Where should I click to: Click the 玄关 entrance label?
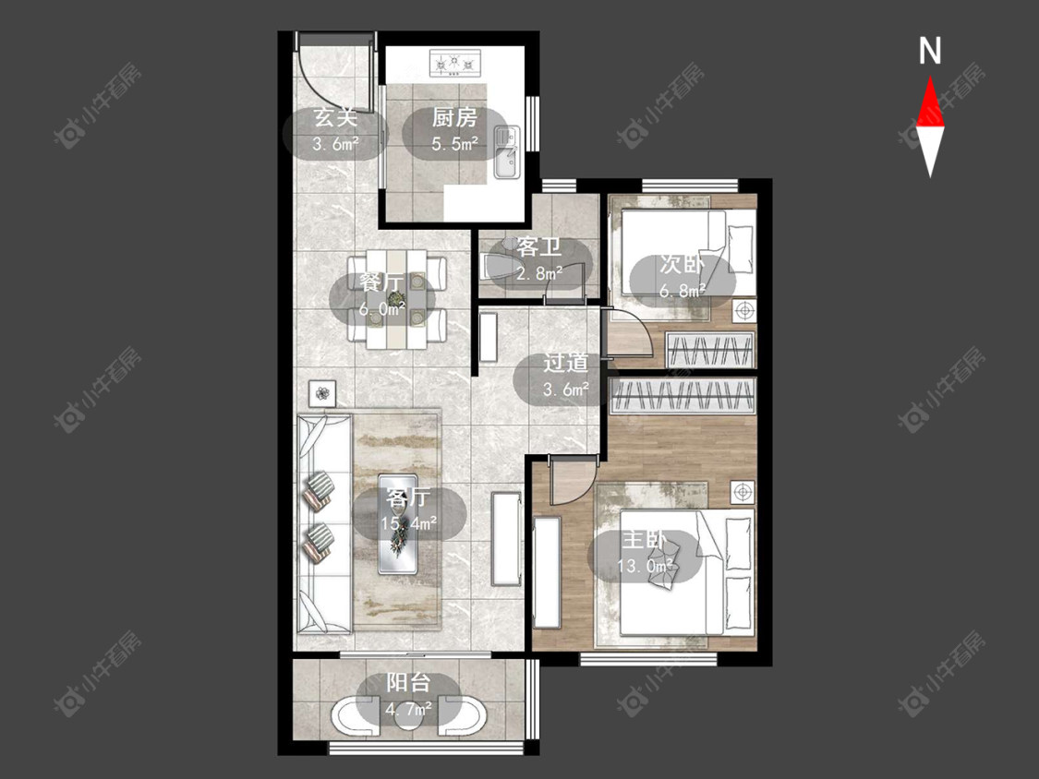[335, 118]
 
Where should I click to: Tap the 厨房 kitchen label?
[454, 118]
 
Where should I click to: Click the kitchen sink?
[508, 153]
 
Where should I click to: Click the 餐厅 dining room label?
[381, 282]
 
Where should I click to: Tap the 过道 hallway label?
[566, 363]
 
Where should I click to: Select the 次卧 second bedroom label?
[682, 264]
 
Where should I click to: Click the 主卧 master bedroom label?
[644, 540]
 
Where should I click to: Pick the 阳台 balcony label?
[408, 682]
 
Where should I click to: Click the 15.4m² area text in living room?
[408, 523]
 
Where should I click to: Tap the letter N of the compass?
[930, 51]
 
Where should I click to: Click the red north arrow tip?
[930, 77]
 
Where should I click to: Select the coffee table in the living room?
[397, 523]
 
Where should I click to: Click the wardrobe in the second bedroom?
[710, 349]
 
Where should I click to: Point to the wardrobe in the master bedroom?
[683, 395]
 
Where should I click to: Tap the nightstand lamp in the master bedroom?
[743, 492]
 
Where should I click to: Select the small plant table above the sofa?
[322, 393]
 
